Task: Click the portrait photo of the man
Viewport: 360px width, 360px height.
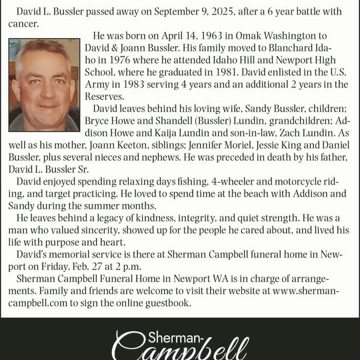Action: point(44,85)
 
